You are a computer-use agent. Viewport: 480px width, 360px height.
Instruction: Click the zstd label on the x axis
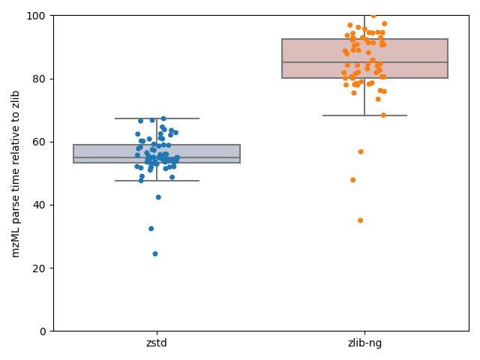click(x=157, y=343)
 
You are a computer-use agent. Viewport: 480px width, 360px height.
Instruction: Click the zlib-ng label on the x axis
click(x=364, y=343)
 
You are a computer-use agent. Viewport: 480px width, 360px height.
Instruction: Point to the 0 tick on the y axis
click(x=43, y=331)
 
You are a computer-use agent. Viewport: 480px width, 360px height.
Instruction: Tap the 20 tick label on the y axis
click(x=40, y=268)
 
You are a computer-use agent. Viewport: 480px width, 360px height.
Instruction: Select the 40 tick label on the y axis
click(x=40, y=205)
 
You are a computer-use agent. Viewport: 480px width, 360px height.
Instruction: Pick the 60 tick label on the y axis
click(x=40, y=142)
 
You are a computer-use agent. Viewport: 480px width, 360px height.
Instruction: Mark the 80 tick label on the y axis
click(x=40, y=79)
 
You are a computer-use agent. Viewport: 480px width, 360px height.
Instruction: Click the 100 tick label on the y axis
click(x=38, y=16)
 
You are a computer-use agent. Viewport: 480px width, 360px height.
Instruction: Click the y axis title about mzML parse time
click(x=16, y=173)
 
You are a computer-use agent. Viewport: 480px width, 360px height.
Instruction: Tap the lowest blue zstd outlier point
click(x=155, y=253)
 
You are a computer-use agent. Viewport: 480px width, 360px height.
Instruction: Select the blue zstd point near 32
click(x=151, y=229)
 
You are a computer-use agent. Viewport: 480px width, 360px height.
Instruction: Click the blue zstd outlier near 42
click(x=158, y=197)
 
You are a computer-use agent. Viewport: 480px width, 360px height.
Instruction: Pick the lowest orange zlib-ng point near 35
click(x=360, y=220)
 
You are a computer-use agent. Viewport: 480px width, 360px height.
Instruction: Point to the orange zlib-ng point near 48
click(x=352, y=180)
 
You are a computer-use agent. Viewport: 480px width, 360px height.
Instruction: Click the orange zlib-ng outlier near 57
click(x=361, y=151)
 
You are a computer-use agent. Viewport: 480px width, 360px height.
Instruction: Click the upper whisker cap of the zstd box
click(x=157, y=118)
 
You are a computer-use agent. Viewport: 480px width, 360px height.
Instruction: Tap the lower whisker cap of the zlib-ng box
click(x=364, y=115)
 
